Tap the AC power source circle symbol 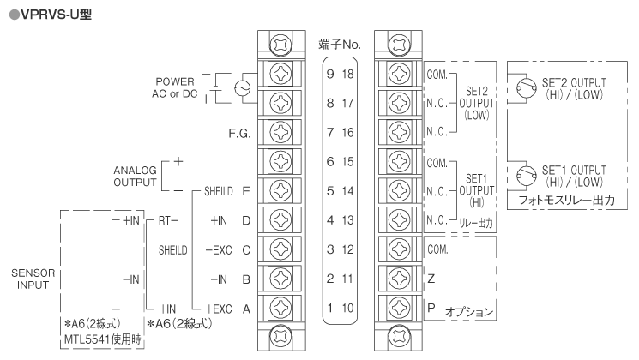242,87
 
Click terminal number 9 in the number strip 329,74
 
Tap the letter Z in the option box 431,279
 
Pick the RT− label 167,220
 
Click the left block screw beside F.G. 279,133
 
